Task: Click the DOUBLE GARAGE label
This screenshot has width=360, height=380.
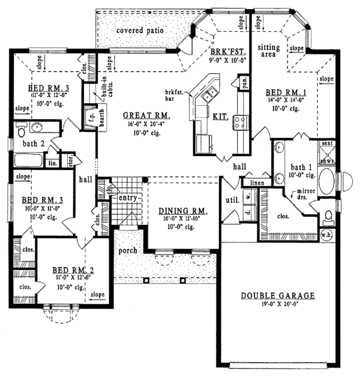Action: [278, 295]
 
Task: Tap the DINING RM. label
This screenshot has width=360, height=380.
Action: [184, 211]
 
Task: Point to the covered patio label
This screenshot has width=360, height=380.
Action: [140, 30]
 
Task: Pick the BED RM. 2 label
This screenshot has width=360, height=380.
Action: [73, 270]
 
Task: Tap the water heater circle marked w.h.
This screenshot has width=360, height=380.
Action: [327, 235]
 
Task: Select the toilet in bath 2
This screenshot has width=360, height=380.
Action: [21, 131]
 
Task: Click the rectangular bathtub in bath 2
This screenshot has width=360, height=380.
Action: [27, 161]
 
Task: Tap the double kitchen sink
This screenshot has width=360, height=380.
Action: [210, 94]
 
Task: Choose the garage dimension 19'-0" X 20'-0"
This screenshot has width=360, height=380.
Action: [278, 305]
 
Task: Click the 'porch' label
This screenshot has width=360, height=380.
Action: [128, 250]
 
